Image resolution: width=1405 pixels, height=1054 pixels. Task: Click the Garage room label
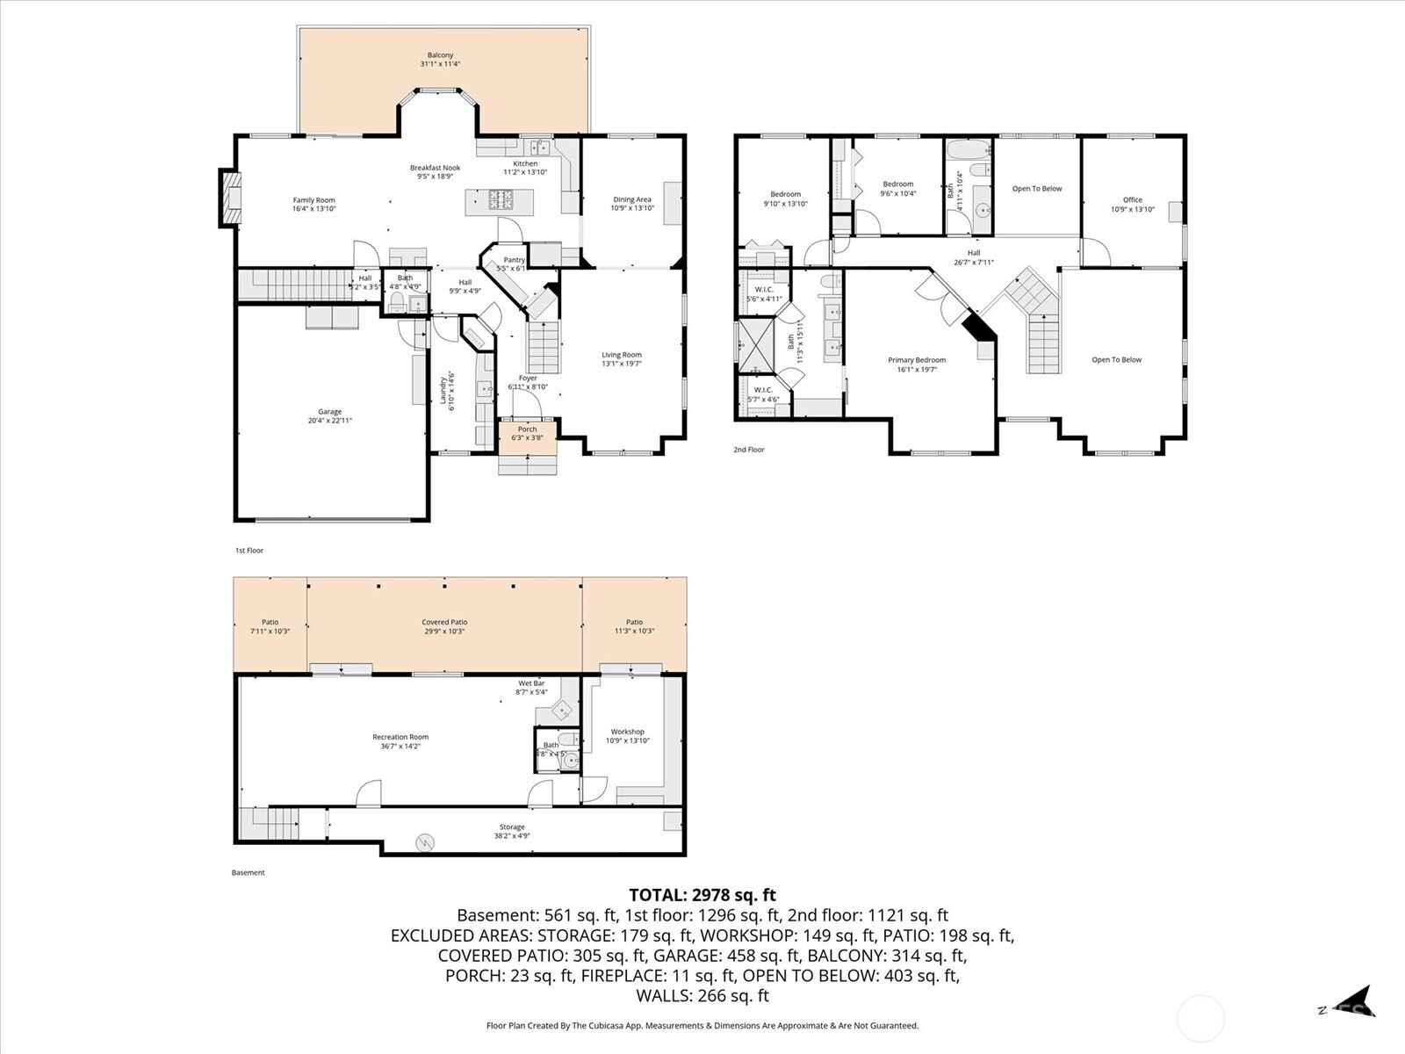(x=330, y=412)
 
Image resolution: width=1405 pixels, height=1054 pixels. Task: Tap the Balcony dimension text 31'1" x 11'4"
(x=441, y=64)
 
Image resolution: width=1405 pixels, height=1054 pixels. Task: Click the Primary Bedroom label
(x=917, y=360)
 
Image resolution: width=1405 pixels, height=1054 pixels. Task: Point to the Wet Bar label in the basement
(x=531, y=683)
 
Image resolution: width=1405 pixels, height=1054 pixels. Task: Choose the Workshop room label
(x=628, y=732)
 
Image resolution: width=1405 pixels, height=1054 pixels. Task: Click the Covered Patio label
(x=444, y=622)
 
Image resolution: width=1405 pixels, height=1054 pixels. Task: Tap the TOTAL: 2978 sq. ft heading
(x=702, y=895)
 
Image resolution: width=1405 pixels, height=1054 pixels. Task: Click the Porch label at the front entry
(x=527, y=430)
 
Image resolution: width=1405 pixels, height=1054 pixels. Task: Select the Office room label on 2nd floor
(x=1133, y=200)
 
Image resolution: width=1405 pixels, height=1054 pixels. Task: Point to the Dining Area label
(x=632, y=199)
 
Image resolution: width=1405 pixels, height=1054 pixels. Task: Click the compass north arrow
(x=1357, y=1003)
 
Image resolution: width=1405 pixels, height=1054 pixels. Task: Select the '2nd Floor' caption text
(x=749, y=450)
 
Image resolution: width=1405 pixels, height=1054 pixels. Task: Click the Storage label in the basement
(x=512, y=827)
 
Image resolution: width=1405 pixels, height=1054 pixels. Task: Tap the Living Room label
(x=622, y=355)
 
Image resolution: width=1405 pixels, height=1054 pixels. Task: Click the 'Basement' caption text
(x=248, y=872)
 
